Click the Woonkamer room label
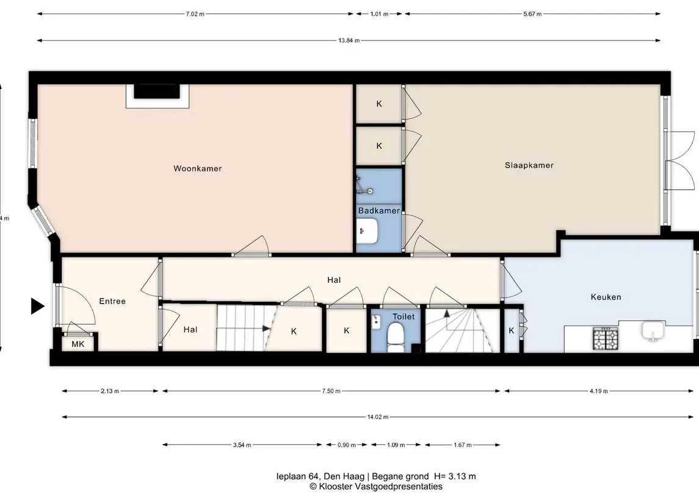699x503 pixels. coord(197,168)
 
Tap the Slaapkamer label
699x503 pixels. coord(529,165)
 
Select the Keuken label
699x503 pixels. coord(606,297)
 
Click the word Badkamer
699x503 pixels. coord(379,210)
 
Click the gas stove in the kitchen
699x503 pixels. coord(606,338)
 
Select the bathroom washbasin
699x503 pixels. coord(367,231)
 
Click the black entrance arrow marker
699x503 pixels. coord(37,306)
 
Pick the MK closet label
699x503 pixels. coord(78,344)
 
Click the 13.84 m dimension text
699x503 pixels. coord(349,40)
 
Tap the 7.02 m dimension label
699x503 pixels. coord(195,14)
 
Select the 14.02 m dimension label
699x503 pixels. coord(378,417)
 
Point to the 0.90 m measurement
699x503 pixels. coord(346,444)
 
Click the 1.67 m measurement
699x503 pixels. coord(462,444)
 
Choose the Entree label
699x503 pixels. coord(112,301)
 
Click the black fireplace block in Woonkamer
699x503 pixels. coord(157,91)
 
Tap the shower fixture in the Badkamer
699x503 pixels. coord(364,186)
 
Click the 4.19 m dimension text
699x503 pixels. coord(599,391)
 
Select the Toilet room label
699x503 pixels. coord(404,316)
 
